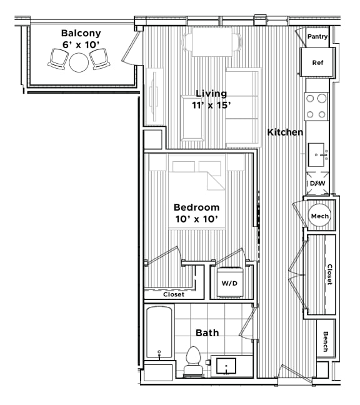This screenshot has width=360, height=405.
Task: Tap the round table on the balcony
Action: point(79,62)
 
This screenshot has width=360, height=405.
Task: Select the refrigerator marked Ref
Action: point(317,62)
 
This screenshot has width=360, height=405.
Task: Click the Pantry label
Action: point(317,37)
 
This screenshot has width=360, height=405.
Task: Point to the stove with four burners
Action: point(317,106)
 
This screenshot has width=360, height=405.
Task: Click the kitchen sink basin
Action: point(317,152)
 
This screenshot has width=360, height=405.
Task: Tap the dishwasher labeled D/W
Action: point(317,184)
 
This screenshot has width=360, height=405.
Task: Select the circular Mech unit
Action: point(319,216)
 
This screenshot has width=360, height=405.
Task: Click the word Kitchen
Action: point(285,132)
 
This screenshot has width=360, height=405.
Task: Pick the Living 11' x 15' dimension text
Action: point(211,99)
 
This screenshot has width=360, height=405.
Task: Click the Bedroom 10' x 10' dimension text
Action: point(196,212)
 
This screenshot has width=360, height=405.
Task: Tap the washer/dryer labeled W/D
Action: point(229,282)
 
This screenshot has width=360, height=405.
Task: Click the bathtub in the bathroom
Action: point(159,334)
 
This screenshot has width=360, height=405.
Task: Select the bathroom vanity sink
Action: point(226,366)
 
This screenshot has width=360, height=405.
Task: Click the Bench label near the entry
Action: point(326,341)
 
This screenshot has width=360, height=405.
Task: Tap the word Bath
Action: point(206,332)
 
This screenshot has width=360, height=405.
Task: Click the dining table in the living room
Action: point(211,41)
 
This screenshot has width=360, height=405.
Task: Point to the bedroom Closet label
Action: point(173,294)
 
